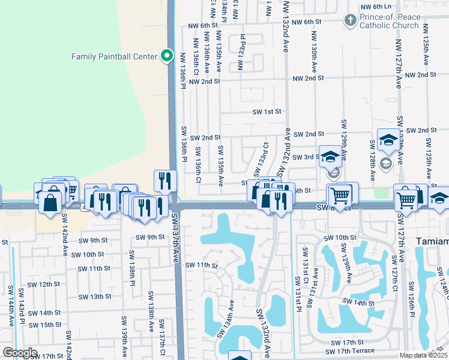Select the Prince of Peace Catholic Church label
[x=389, y=22]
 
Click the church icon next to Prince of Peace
[x=350, y=21]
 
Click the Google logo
[x=20, y=353]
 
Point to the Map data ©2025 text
[x=424, y=355]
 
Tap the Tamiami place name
[x=432, y=241]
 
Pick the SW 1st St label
[x=267, y=112]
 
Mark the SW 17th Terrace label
[x=350, y=350]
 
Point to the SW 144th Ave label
[x=10, y=306]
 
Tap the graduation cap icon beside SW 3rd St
[x=330, y=157]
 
